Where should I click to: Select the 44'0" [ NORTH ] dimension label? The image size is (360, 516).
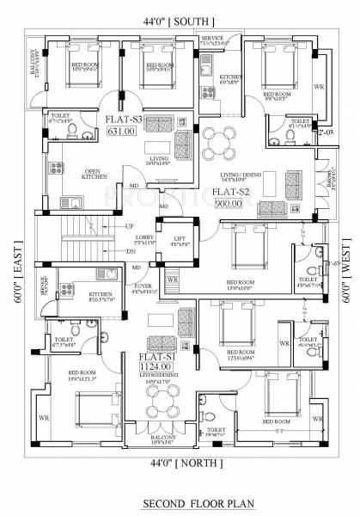[181, 463]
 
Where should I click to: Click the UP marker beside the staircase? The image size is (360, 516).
[130, 226]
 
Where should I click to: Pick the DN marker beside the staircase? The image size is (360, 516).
[130, 251]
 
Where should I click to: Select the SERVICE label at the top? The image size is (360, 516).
[212, 39]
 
